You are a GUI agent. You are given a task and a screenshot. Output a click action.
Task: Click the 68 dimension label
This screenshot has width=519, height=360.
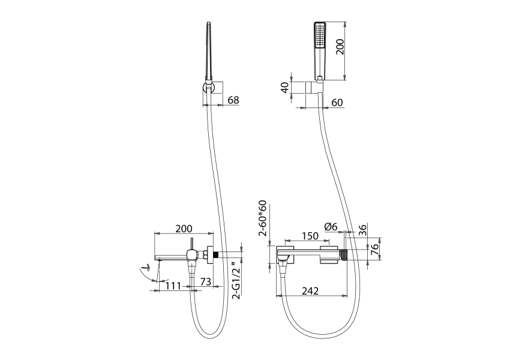233,100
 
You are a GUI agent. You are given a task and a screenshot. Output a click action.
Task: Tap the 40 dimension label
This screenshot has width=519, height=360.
284,88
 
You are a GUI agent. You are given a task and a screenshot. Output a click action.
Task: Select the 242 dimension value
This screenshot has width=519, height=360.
310,290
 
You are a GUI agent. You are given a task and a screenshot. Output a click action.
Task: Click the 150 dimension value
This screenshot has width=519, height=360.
310,236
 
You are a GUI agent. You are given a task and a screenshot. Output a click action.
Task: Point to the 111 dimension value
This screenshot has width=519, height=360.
173,286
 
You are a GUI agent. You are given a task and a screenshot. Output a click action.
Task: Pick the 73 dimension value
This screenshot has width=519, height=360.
206,281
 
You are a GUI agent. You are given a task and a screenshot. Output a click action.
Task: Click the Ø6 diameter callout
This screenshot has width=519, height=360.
331,227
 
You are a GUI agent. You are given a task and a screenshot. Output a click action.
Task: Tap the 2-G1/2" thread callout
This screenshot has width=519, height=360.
236,280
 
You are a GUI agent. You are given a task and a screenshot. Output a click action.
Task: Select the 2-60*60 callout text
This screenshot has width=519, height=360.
263,218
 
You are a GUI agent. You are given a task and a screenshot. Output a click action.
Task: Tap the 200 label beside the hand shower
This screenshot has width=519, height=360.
340,47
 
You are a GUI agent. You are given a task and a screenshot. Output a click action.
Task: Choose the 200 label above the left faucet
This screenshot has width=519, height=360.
184,229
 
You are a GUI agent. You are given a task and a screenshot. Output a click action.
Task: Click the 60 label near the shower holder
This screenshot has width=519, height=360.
337,103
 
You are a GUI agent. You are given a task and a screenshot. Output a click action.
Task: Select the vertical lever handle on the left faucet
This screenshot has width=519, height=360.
191,244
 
